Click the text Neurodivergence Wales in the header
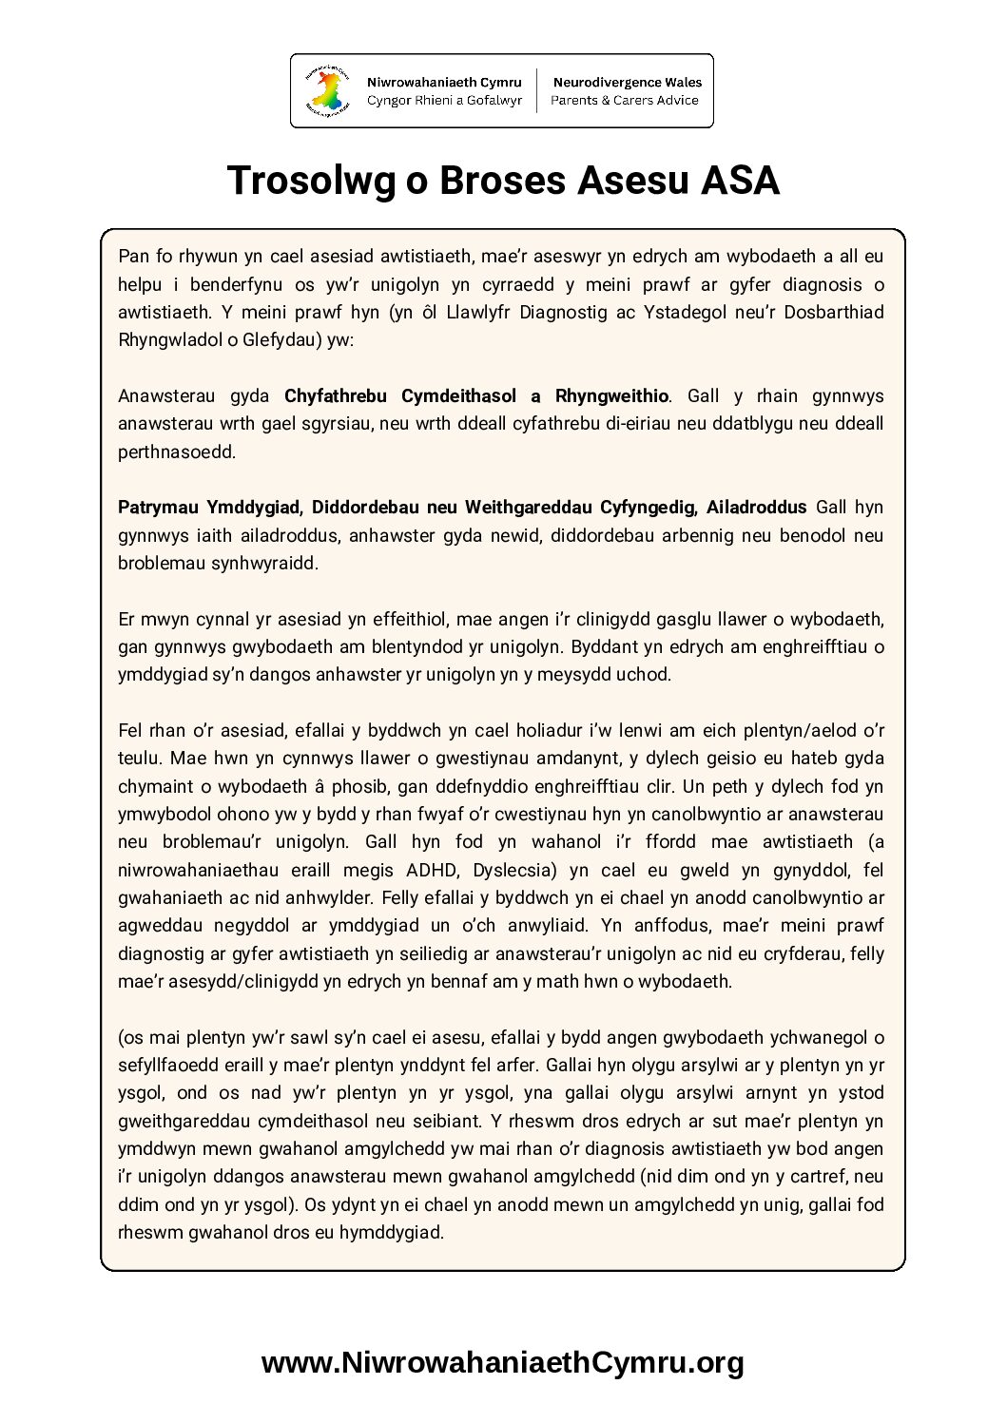click(627, 83)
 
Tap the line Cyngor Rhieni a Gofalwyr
click(444, 100)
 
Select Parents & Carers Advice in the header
click(625, 100)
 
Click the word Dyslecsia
click(506, 870)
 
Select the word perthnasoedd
click(177, 452)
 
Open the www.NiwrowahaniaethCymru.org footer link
click(502, 1362)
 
